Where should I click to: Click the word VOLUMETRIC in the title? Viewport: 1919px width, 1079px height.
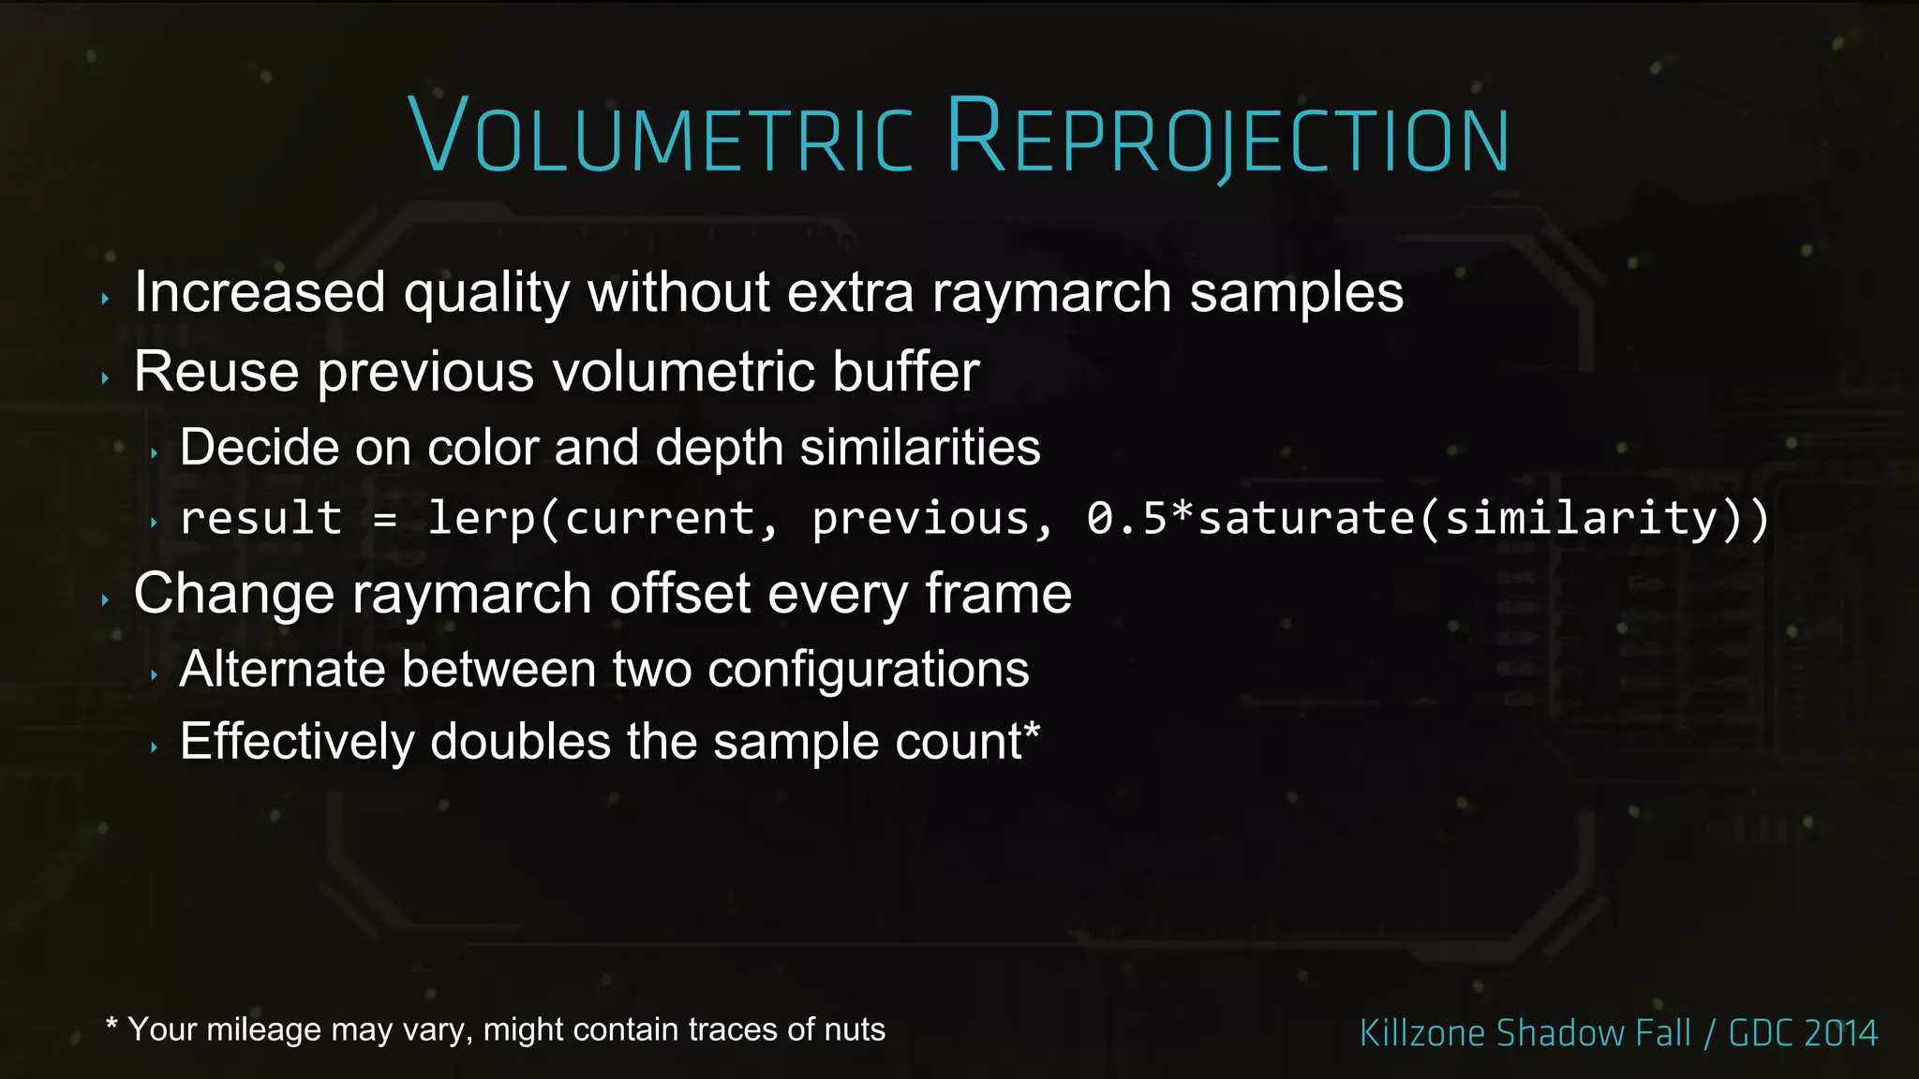tap(660, 137)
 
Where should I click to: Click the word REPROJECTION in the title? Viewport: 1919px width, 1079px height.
tap(1227, 137)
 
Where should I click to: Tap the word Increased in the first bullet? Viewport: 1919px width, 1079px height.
tap(260, 292)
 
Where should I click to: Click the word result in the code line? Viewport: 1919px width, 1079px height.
tap(260, 519)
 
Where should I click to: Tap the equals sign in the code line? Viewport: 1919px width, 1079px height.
tap(384, 519)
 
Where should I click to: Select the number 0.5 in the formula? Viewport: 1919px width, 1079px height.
tap(1126, 519)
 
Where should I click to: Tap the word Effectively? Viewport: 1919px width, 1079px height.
tap(297, 742)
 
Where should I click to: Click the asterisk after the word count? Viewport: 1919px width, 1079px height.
tap(1032, 729)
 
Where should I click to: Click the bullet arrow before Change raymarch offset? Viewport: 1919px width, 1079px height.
tap(105, 599)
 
